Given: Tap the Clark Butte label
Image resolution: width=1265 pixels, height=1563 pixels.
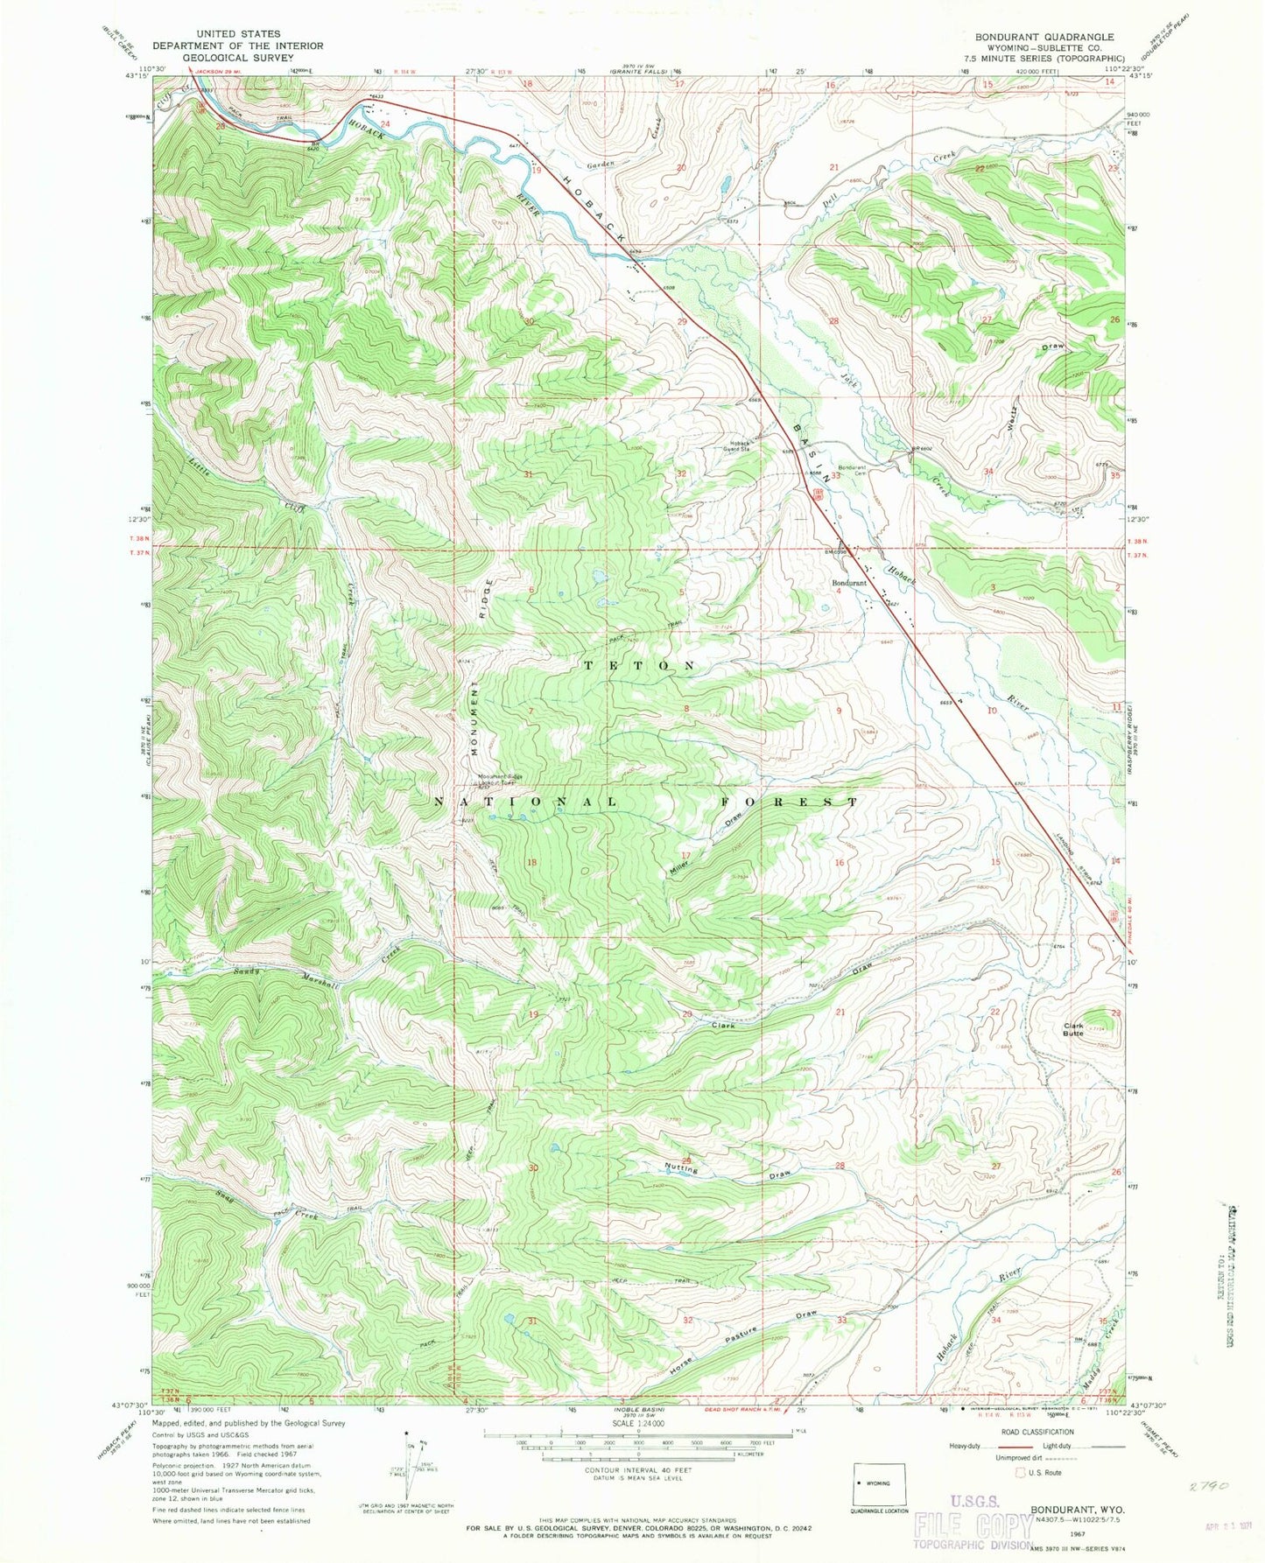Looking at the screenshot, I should pyautogui.click(x=1073, y=1030).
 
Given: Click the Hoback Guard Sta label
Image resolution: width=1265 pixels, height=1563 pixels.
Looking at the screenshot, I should pyautogui.click(x=735, y=445).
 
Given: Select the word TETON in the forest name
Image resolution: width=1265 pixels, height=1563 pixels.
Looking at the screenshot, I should pyautogui.click(x=640, y=666).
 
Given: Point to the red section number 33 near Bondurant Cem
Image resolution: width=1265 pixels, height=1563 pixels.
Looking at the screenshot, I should pyautogui.click(x=835, y=476).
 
